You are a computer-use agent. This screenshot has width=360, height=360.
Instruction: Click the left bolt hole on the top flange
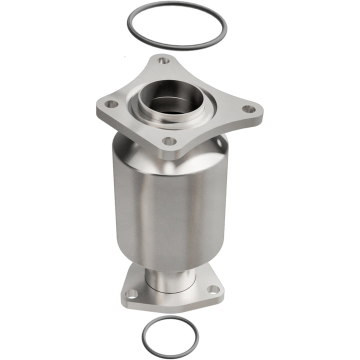pos(111,104)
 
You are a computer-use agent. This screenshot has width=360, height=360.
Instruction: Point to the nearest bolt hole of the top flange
pos(170,141)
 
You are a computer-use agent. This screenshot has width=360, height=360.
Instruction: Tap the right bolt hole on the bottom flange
pos(213,289)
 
